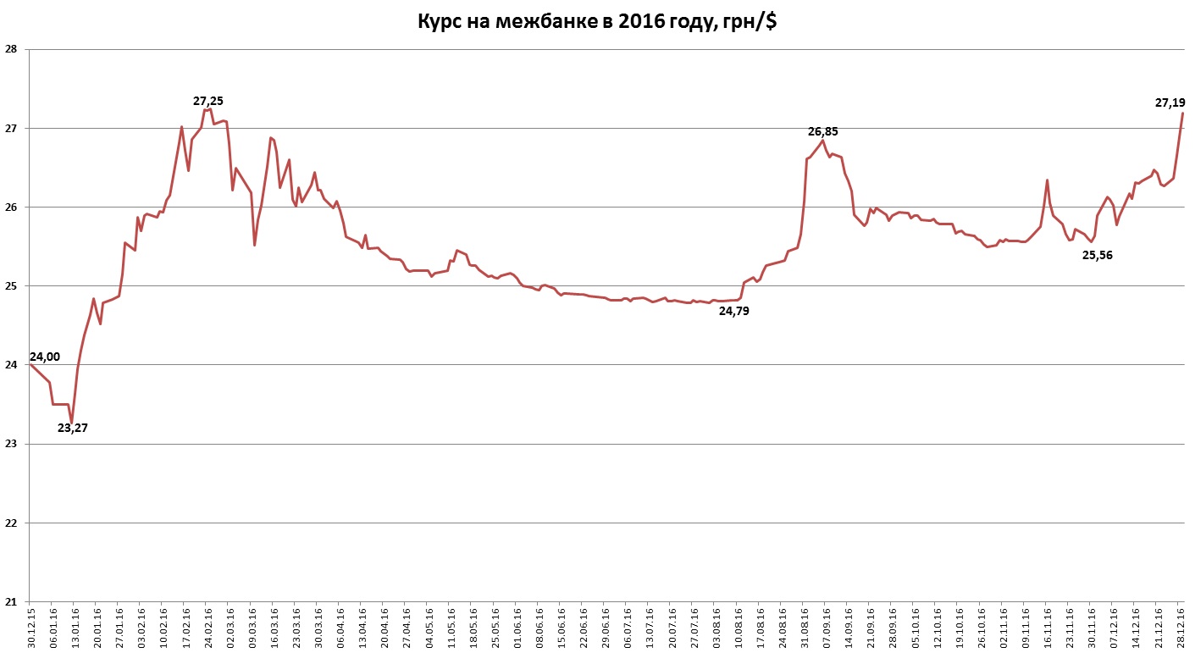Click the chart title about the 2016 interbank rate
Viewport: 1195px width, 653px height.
point(597,22)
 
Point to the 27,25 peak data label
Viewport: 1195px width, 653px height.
point(208,101)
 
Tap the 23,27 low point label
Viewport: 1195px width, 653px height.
point(73,428)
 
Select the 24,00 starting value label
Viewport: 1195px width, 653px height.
point(45,357)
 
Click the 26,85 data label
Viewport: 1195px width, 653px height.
point(822,131)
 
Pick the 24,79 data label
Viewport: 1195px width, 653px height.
point(734,311)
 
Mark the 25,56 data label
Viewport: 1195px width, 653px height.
point(1098,255)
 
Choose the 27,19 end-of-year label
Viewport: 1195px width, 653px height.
point(1170,102)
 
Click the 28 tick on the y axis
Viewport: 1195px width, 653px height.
point(11,49)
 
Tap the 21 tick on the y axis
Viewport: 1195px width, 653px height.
point(11,602)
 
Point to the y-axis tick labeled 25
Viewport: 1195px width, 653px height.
point(11,286)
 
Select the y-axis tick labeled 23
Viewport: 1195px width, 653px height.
point(11,444)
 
